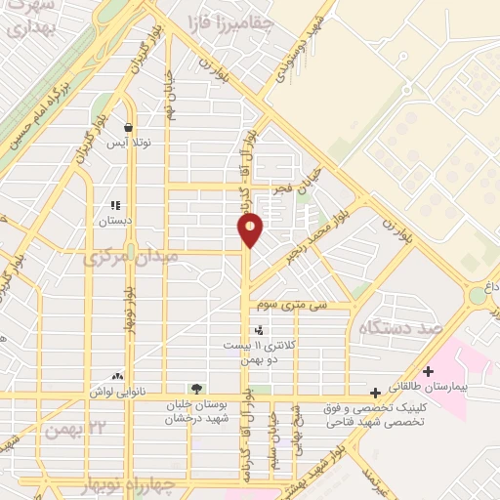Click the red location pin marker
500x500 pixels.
251,229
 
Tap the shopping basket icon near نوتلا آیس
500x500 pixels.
128,127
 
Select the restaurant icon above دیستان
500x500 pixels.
115,206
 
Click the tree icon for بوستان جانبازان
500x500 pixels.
197,390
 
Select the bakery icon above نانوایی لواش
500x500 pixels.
118,376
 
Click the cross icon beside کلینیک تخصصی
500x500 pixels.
376,392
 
